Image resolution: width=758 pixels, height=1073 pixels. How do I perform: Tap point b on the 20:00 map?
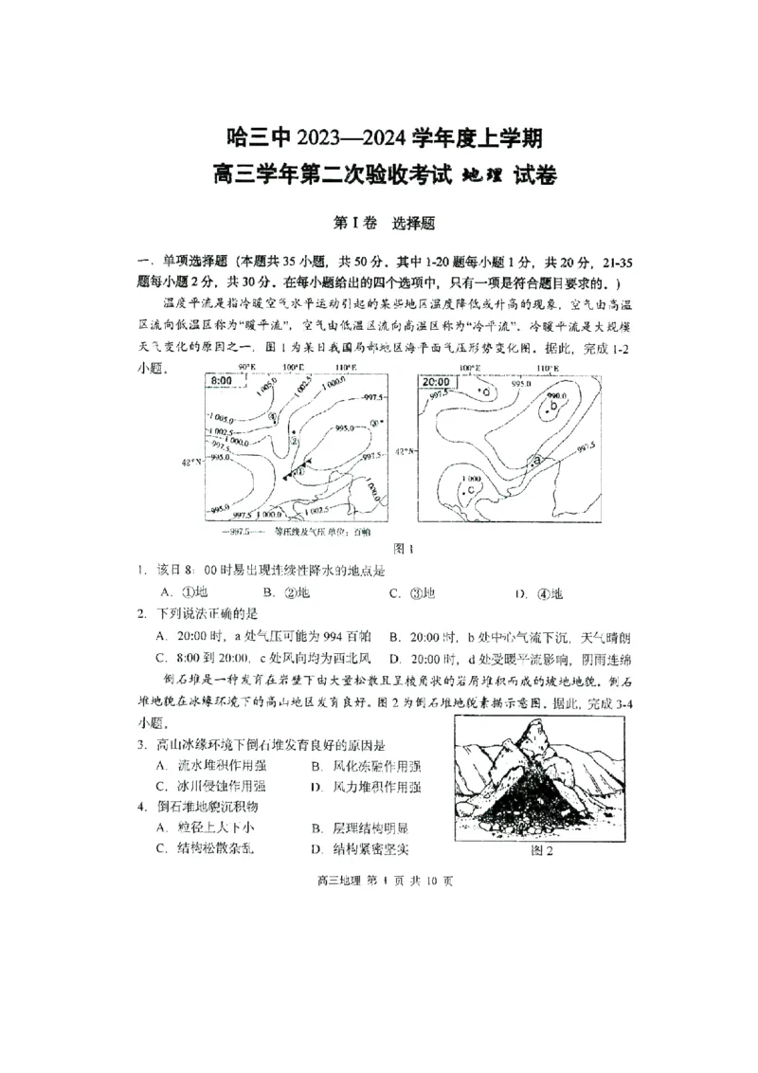point(552,407)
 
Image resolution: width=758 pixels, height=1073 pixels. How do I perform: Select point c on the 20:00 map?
point(471,489)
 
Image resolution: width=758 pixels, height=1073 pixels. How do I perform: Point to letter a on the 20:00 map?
point(536,460)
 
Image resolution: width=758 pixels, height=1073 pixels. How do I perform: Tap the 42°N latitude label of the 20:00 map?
point(405,452)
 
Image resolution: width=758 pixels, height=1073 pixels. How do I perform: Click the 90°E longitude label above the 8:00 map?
point(246,367)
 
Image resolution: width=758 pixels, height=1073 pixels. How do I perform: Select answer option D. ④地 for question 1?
point(539,593)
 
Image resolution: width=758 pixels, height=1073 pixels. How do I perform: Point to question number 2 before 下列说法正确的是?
point(139,613)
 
